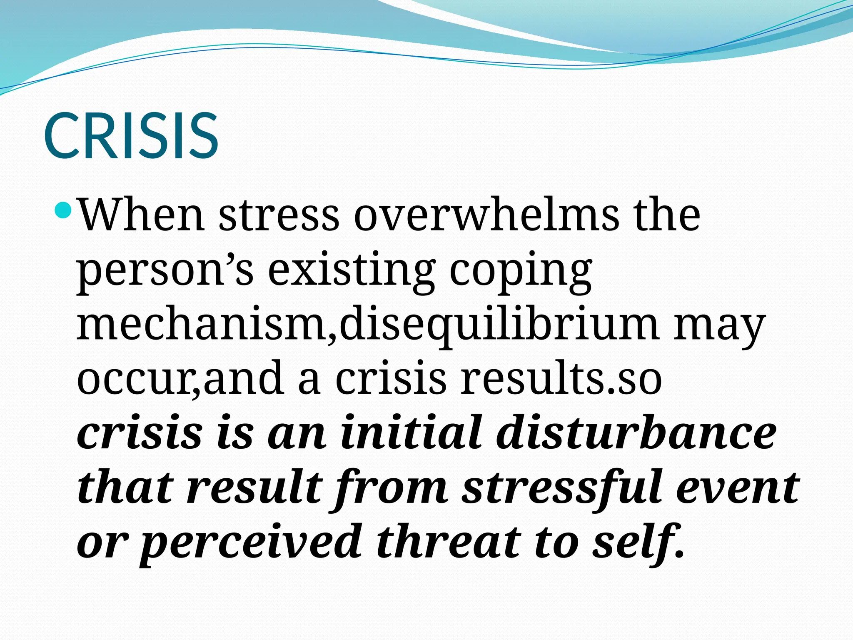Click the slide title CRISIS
131,135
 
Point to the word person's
165,271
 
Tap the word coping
521,271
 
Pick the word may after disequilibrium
720,325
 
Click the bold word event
737,487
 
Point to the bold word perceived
250,542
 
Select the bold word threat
448,542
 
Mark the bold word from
390,487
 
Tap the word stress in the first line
278,215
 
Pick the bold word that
125,487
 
